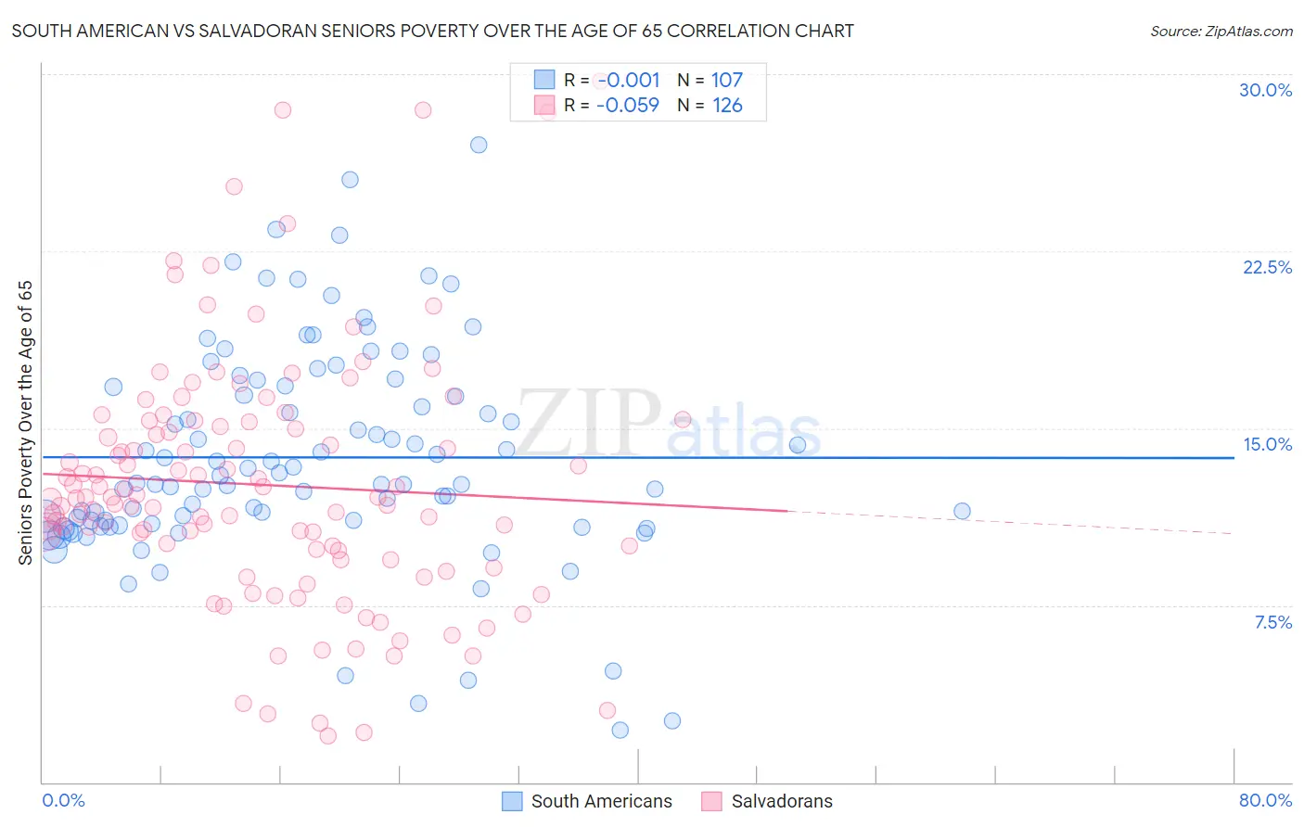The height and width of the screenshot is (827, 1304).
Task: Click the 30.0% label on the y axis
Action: pos(1265,90)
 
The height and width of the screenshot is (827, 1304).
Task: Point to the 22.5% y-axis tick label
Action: pos(1267,267)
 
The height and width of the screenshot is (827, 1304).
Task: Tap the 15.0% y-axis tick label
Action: pos(1267,444)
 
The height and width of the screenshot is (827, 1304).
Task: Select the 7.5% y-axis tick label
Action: pos(1272,622)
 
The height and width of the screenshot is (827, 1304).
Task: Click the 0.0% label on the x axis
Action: pos(63,800)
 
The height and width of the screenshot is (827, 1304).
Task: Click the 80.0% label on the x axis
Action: pos(1265,800)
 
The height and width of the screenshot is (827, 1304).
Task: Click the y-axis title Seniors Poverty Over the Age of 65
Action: pos(25,422)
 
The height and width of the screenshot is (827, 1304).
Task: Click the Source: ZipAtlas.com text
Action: pos(1221,31)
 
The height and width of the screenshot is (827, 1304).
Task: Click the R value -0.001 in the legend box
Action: pos(627,81)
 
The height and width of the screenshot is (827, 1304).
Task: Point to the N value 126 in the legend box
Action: pos(727,106)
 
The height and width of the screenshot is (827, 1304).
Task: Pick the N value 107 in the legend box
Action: pos(727,81)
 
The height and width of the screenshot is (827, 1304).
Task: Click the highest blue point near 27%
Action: pos(479,145)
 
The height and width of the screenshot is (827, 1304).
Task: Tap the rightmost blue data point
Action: pos(962,511)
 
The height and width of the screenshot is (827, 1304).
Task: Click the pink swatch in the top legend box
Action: pos(543,106)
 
